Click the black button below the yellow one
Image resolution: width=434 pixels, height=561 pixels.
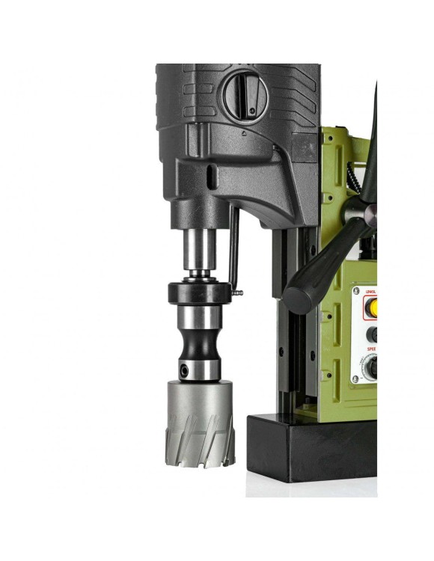point(372,334)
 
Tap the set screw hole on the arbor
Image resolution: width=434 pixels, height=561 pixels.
point(184,368)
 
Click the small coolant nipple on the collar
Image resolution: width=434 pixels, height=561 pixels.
point(238,292)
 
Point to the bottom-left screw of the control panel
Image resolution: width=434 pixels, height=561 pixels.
point(356,379)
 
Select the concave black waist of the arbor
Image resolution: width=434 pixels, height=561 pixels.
point(200,344)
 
